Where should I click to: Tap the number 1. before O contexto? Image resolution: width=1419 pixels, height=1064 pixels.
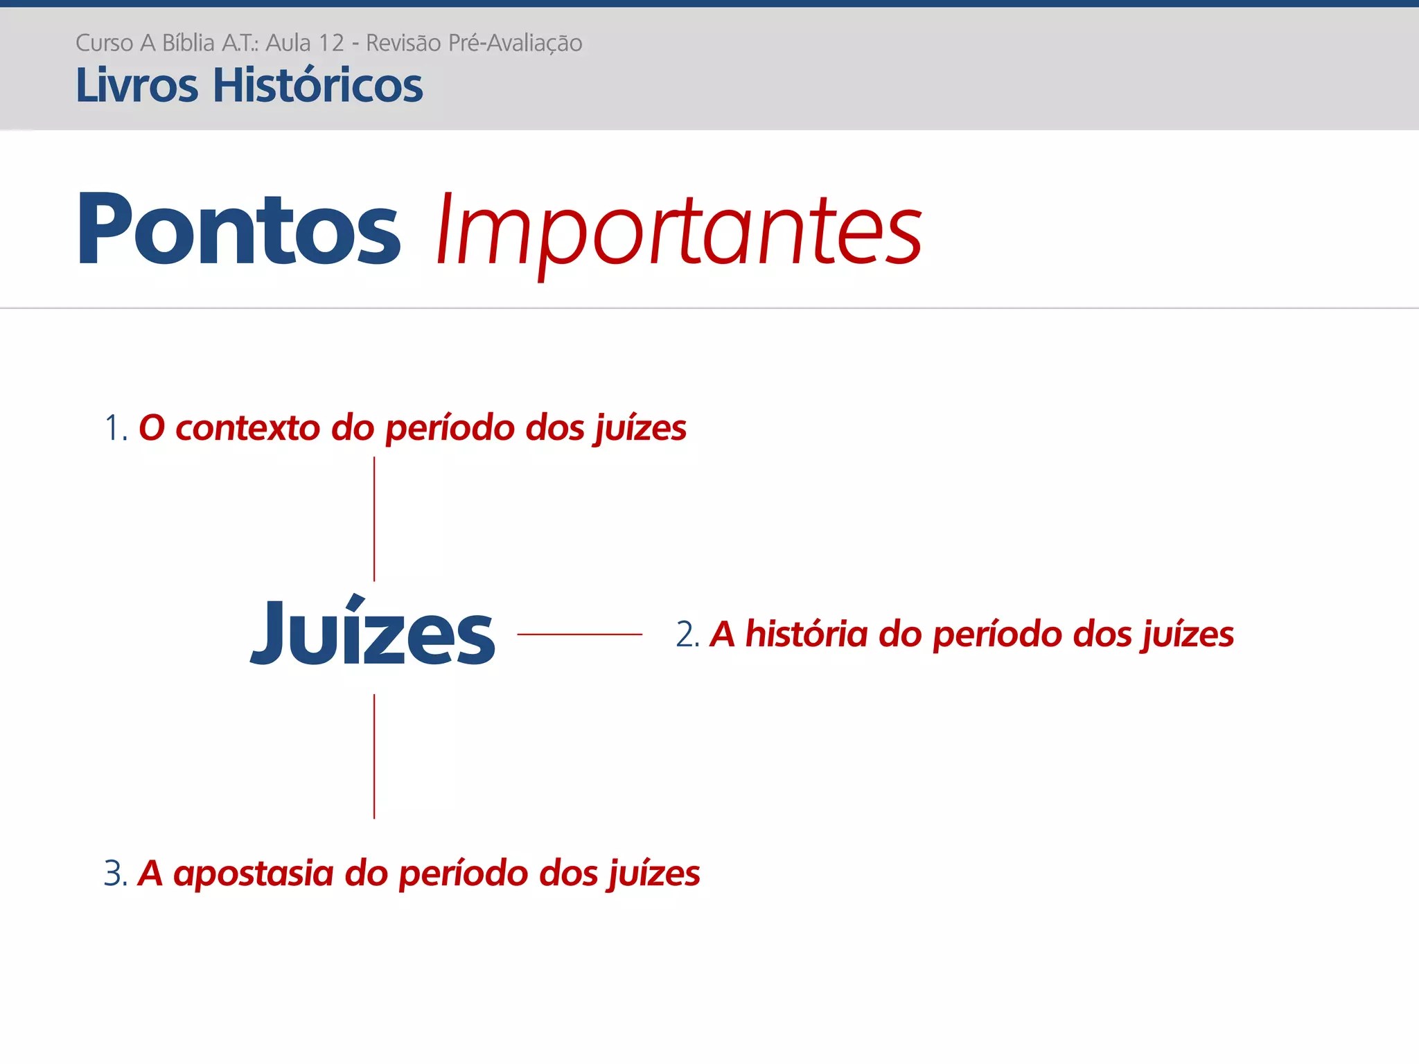point(116,428)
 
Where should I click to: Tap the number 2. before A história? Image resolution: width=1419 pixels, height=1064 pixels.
point(687,635)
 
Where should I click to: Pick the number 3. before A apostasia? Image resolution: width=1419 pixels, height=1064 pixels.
point(116,874)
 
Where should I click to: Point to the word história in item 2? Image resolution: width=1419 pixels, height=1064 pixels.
point(807,635)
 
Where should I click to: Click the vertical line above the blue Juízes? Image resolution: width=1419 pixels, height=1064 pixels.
point(374,519)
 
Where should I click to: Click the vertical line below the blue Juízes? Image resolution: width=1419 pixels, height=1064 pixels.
point(374,756)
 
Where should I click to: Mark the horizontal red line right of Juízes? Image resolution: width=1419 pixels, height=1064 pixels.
point(579,634)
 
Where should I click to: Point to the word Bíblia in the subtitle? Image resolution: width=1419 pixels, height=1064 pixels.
point(188,43)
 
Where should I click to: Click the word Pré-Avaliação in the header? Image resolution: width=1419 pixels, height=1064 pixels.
point(515,43)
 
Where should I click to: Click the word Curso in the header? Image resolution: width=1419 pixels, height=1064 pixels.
point(104,43)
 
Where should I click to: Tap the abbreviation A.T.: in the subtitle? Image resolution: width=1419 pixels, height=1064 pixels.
point(240,43)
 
